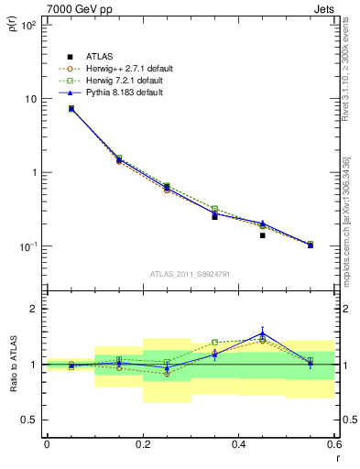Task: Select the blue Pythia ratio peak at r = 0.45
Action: point(262,334)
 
